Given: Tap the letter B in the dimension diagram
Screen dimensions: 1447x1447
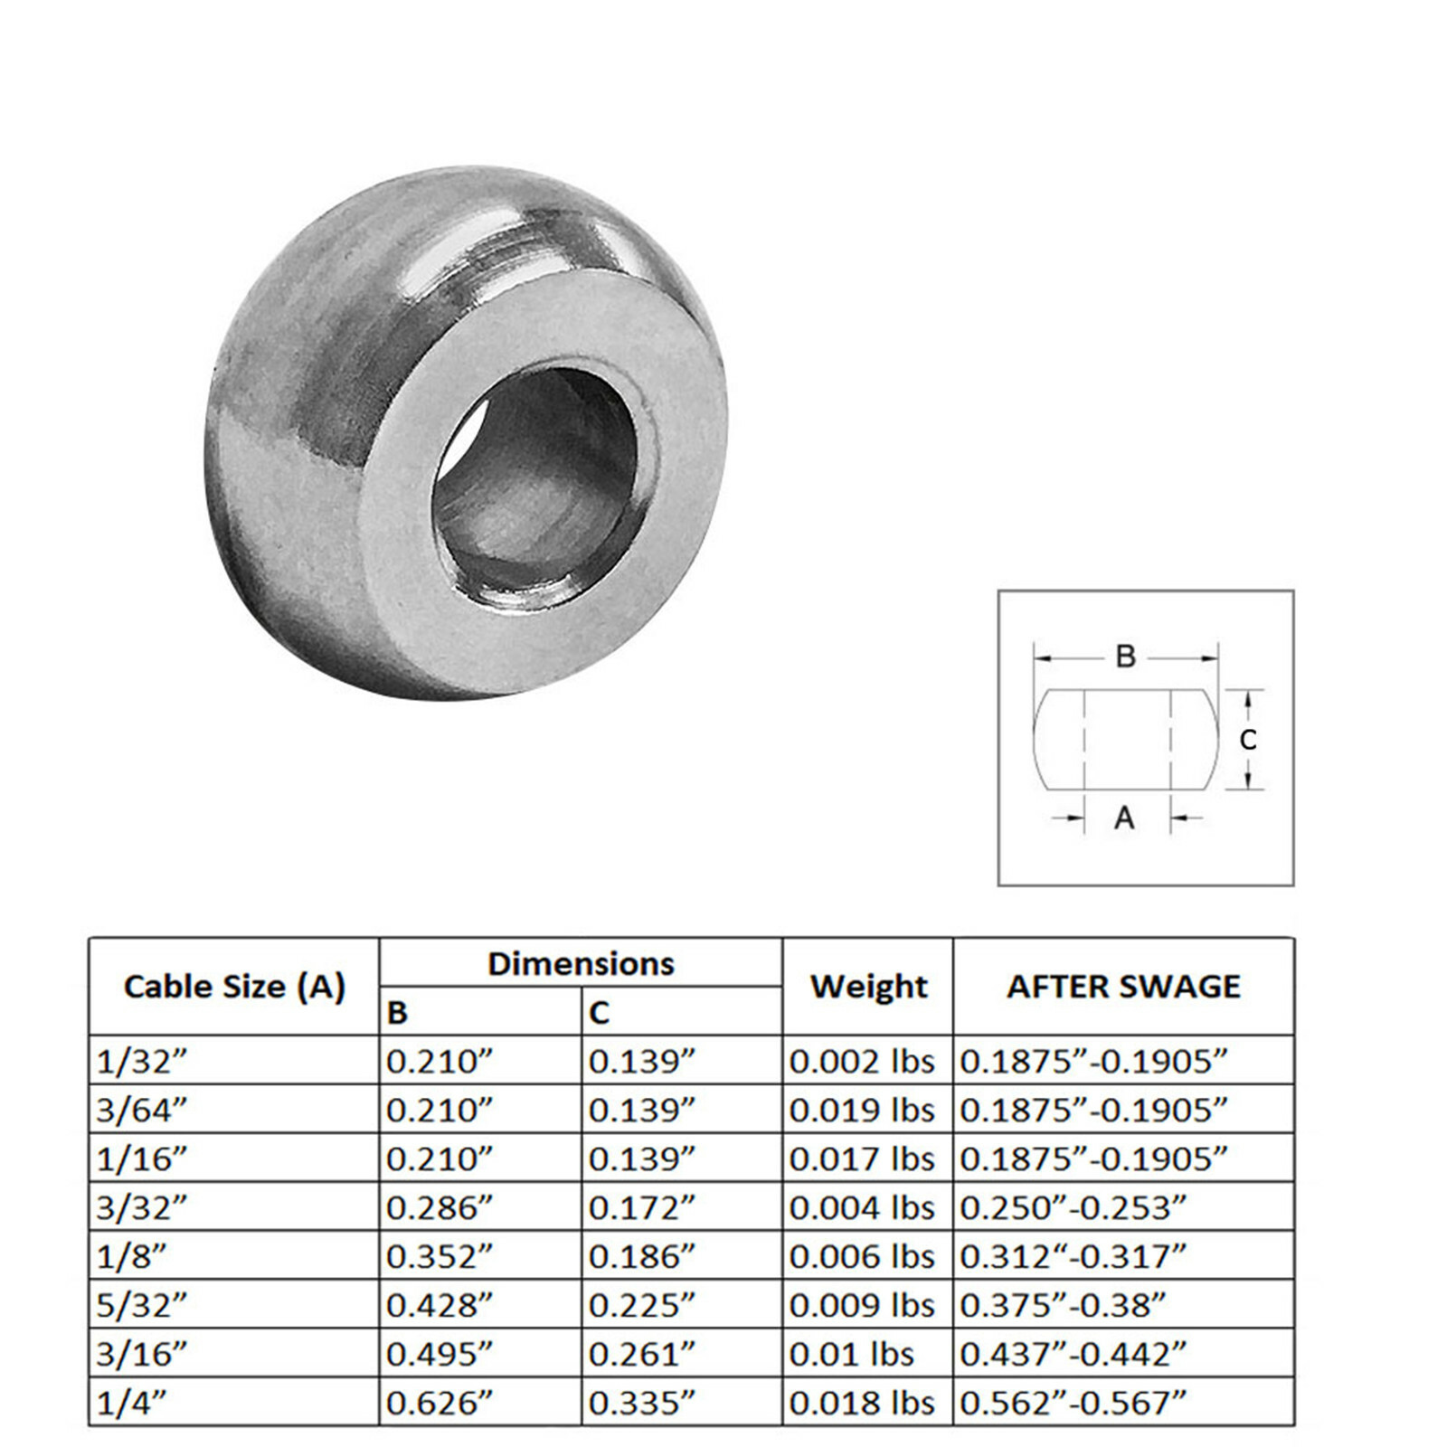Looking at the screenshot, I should coord(1125,657).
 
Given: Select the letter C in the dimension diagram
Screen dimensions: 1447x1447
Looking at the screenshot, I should coord(1248,740).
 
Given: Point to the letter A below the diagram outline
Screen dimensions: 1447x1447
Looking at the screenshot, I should coord(1124,818).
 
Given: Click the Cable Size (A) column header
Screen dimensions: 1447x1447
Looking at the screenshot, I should coord(234,986).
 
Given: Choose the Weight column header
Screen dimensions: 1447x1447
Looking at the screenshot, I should coord(868,986).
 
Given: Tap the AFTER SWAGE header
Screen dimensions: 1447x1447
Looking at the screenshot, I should coord(1123,986).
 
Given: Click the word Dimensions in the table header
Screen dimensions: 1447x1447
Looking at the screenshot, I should coord(581,964).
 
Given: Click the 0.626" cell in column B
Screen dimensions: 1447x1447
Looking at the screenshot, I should coord(440,1403).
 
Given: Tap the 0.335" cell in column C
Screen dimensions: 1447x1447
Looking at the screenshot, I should coord(642,1403).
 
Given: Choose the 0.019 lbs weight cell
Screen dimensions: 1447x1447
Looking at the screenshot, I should coord(862,1110).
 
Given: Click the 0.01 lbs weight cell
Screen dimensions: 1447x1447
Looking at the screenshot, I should coord(851,1354).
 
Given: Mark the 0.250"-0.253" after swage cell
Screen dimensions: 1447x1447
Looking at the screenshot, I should coord(1072,1207).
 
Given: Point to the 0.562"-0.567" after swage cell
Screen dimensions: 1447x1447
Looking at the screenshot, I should coord(1072,1403).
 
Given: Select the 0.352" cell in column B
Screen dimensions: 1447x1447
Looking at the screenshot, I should coord(440,1256).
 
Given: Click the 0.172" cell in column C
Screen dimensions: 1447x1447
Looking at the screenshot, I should coord(642,1207).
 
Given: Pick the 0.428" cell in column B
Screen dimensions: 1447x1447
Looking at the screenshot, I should coord(440,1305).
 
